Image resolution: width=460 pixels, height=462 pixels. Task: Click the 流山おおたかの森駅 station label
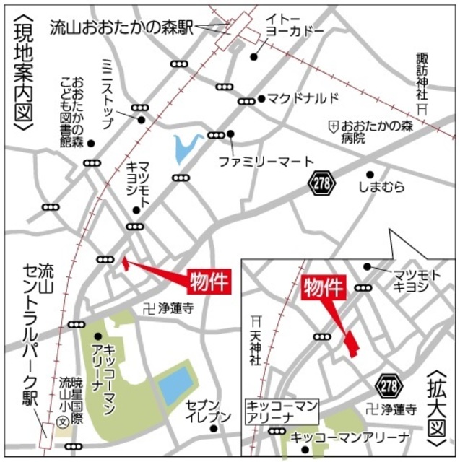click(121, 28)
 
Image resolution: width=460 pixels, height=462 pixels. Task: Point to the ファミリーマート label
click(267, 161)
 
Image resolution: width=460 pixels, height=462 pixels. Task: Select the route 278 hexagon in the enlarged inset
click(390, 385)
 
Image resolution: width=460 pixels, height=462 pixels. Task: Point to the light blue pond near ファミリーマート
click(184, 149)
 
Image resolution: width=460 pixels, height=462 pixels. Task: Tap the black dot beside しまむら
click(369, 174)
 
